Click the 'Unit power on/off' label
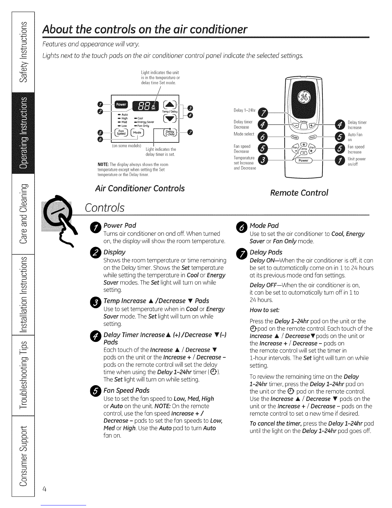(x=356, y=161)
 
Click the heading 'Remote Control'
(x=299, y=192)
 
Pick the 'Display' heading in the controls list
(x=114, y=252)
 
